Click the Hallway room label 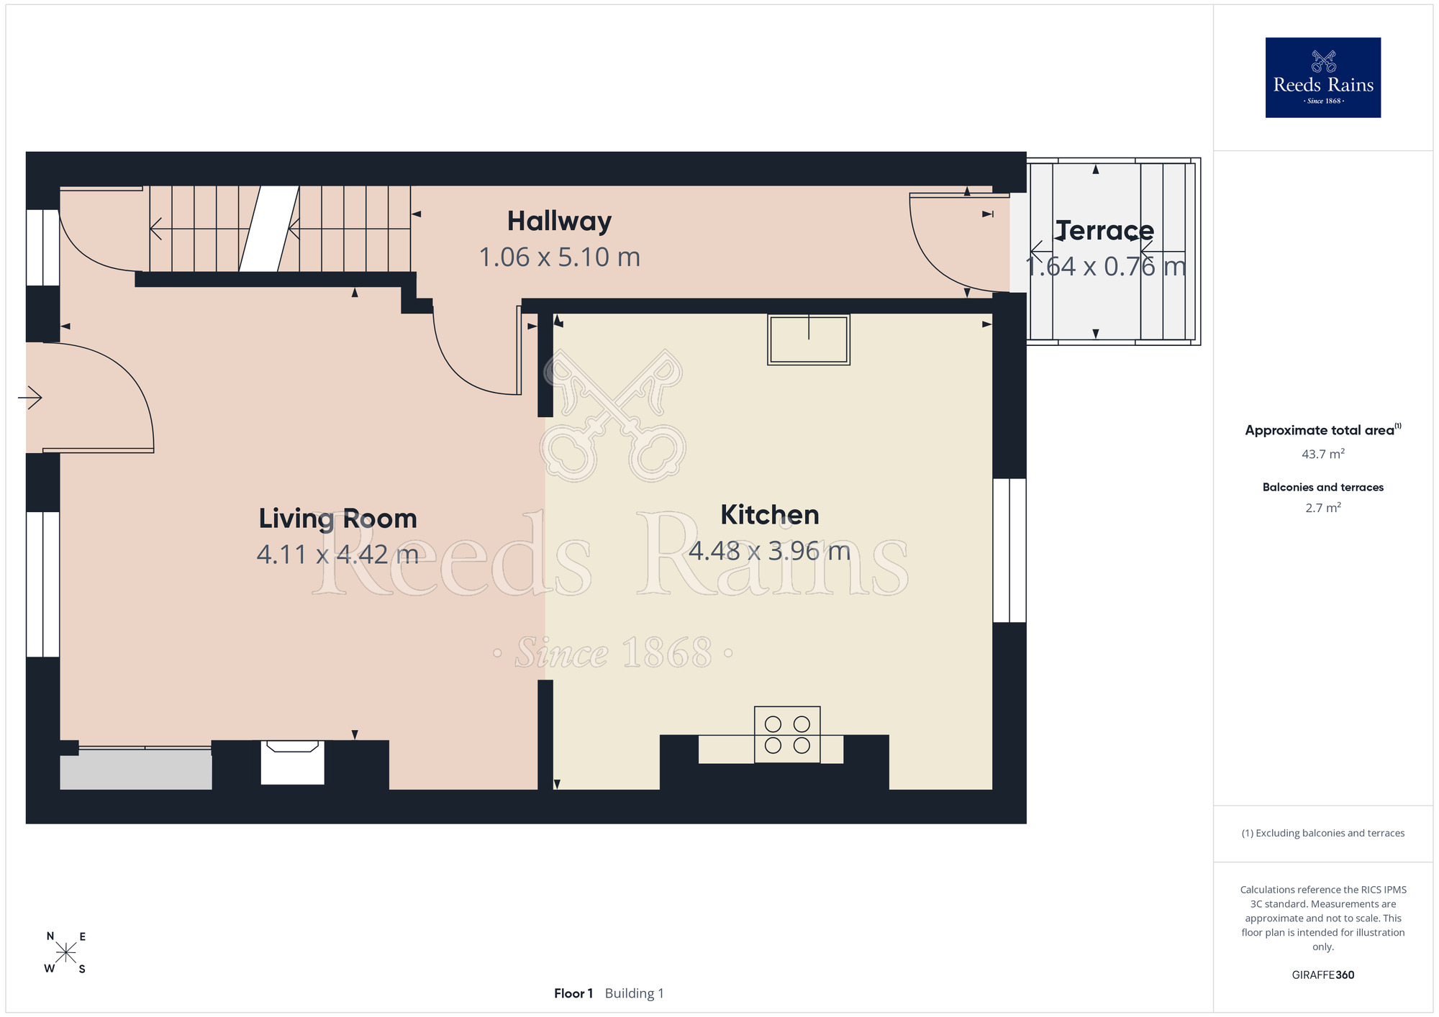(x=559, y=222)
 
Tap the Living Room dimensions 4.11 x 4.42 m (x=337, y=555)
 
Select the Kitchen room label (x=770, y=515)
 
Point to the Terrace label (x=1105, y=231)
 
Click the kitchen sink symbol (x=809, y=339)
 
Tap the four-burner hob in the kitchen (x=787, y=734)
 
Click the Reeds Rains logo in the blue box (x=1323, y=78)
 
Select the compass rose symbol (x=65, y=953)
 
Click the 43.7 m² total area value (x=1323, y=454)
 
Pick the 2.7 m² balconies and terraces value (x=1323, y=508)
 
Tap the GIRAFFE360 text (x=1323, y=975)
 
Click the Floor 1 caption (x=573, y=993)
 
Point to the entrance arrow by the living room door (x=30, y=397)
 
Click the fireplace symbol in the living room (x=292, y=762)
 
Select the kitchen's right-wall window (x=1009, y=550)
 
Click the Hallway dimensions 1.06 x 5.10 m (x=560, y=257)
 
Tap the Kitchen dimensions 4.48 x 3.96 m (x=770, y=551)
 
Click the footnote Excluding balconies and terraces (x=1323, y=833)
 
